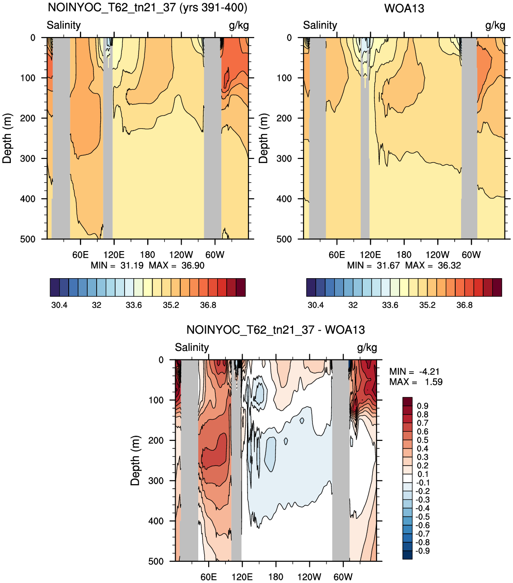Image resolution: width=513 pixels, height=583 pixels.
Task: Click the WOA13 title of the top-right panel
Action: [404, 8]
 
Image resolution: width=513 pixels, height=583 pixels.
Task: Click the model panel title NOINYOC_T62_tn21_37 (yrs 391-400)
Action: [147, 8]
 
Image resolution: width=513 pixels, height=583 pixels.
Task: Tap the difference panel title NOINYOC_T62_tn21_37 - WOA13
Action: [275, 330]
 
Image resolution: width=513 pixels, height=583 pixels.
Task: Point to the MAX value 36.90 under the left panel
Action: [193, 266]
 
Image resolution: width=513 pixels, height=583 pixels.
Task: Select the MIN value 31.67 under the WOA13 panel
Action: [388, 266]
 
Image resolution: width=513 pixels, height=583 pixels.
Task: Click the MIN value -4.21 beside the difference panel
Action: [429, 372]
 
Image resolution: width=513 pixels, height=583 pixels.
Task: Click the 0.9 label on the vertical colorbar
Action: [422, 406]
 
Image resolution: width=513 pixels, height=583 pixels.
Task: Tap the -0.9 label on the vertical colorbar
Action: [422, 551]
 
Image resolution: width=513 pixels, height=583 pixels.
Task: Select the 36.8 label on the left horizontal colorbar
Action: [208, 305]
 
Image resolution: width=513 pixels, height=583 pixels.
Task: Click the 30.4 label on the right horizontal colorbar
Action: [316, 305]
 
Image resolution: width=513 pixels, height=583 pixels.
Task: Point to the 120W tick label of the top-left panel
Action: [181, 255]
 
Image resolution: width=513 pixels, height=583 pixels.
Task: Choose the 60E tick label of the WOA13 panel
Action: [336, 255]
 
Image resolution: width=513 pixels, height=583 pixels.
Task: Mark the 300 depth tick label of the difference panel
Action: [156, 480]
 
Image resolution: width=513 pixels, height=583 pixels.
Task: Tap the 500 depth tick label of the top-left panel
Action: [28, 239]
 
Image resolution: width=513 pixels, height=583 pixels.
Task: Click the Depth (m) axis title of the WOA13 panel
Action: [263, 139]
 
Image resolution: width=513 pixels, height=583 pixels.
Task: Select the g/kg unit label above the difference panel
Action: [367, 348]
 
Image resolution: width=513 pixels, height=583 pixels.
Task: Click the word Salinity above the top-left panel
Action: [64, 25]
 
